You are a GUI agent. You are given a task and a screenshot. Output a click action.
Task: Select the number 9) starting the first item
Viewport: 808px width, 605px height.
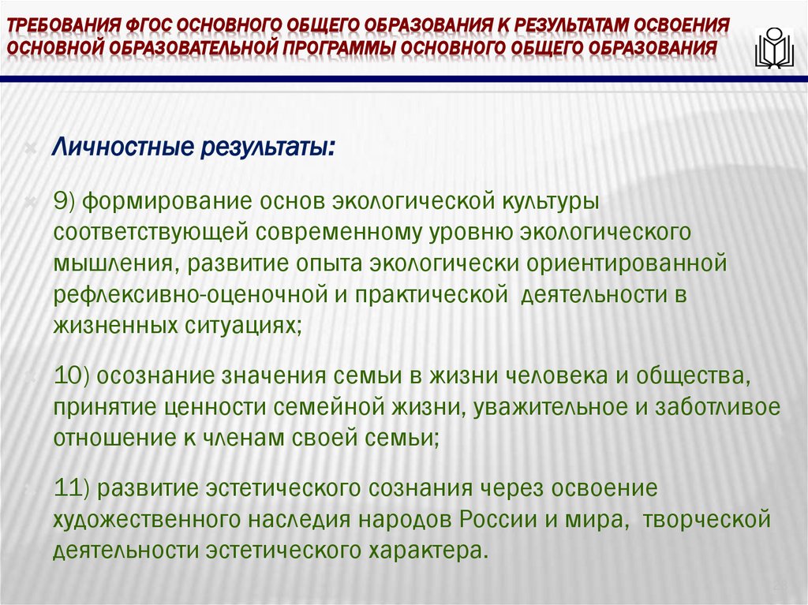[64, 201]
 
